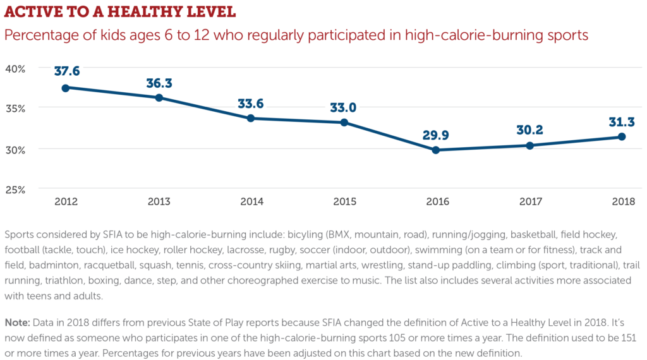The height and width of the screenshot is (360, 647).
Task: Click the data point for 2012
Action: coord(66,88)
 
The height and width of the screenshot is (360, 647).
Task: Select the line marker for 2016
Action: coord(436,150)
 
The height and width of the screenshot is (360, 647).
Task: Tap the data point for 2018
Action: coord(622,136)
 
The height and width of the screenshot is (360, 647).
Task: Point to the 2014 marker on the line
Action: coord(250,118)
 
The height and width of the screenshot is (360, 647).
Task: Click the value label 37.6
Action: coord(67,71)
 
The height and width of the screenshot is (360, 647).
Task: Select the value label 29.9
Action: coord(436,135)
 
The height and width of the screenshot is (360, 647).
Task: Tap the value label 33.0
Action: coord(343,107)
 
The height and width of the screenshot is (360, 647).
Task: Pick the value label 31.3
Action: coord(622,122)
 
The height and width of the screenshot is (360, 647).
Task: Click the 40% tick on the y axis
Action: coord(15,69)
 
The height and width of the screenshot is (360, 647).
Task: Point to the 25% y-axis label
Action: coord(15,189)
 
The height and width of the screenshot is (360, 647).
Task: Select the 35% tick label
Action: coord(15,109)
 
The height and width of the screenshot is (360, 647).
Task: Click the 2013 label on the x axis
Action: coord(159,201)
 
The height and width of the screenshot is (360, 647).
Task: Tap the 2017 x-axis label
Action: coord(531,201)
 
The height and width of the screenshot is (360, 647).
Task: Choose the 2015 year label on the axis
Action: coord(344,201)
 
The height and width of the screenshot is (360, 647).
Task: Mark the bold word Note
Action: coord(17,323)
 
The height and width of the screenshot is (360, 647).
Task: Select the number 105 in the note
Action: coord(397,338)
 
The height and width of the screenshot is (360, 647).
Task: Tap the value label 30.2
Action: coord(530,130)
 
